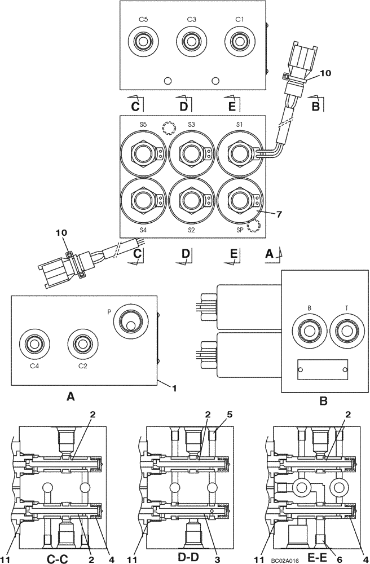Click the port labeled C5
[144, 42]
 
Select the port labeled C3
[191, 42]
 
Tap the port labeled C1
[239, 42]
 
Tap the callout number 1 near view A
[174, 388]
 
